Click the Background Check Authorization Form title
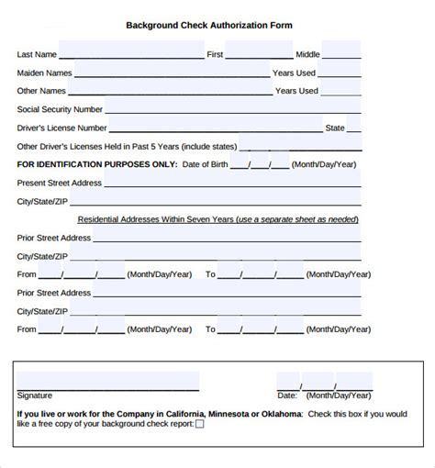(x=208, y=25)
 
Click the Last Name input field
(x=131, y=53)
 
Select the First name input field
(x=260, y=53)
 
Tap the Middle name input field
(x=341, y=53)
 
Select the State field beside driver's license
(x=360, y=127)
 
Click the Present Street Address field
(x=229, y=182)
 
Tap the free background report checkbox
(x=200, y=424)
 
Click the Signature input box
(x=107, y=381)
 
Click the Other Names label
(x=42, y=91)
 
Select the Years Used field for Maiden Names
(x=340, y=72)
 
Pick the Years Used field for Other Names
(x=341, y=90)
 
